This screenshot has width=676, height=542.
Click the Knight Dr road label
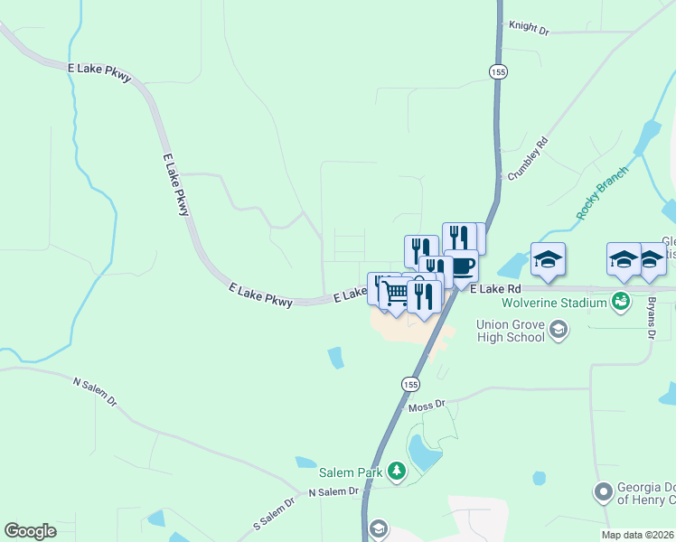tap(530, 27)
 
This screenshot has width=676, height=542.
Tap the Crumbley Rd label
tap(529, 159)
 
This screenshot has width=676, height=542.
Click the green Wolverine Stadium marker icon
tap(621, 301)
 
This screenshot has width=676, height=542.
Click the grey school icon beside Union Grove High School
tap(559, 329)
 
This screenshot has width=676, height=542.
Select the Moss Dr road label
tap(427, 406)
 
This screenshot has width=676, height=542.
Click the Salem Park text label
tap(351, 472)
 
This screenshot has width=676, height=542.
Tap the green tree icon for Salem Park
tap(396, 471)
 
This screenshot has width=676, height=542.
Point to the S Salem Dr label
tap(275, 513)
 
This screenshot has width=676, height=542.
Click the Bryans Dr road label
tap(651, 317)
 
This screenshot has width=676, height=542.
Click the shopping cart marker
tap(396, 293)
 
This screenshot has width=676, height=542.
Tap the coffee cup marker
tap(462, 266)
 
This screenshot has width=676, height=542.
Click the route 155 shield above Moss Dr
tap(411, 384)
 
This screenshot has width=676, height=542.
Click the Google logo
tap(30, 531)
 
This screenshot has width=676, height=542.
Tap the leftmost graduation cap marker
tap(548, 259)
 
